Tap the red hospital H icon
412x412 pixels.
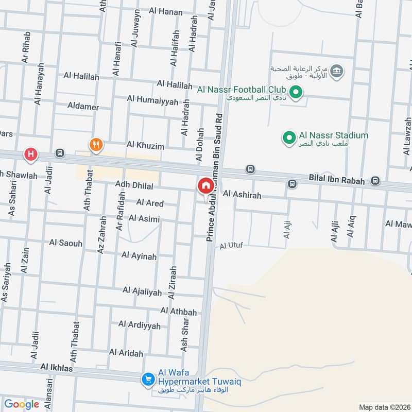(31, 154)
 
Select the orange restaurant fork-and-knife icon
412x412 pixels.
(95, 145)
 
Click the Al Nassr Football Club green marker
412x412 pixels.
(296, 93)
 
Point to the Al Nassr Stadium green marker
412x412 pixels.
(287, 138)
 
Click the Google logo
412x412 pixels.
(22, 404)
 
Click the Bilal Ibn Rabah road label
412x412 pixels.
(336, 181)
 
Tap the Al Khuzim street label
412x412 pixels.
(145, 146)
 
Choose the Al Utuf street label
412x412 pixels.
(231, 246)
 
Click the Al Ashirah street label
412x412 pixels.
(242, 195)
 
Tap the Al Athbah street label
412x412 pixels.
(179, 312)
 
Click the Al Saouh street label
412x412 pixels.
(66, 243)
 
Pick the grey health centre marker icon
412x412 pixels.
(337, 71)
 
